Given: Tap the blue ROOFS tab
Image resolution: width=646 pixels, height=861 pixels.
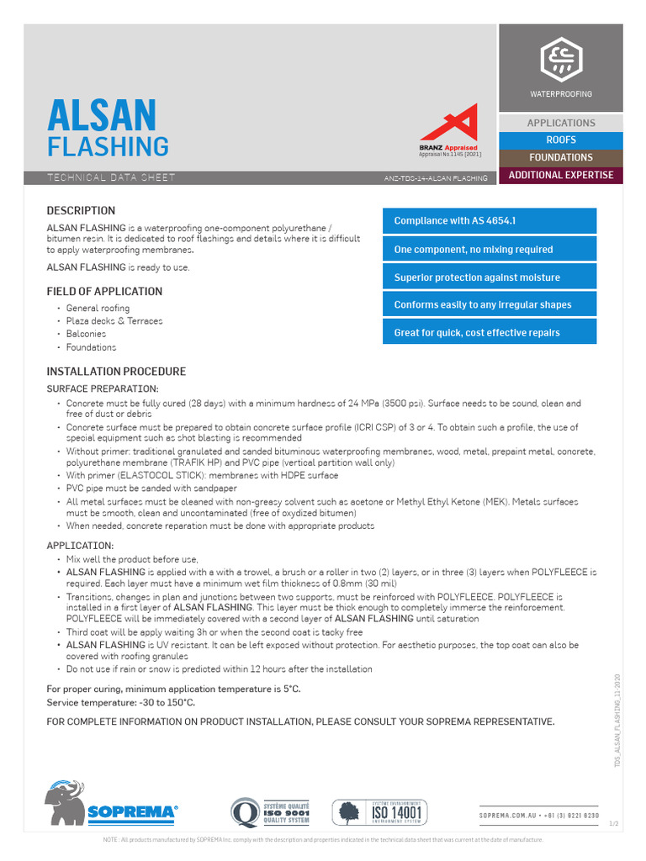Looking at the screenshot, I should (x=561, y=140).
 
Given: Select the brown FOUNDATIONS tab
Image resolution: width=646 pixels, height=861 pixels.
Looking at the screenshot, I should (x=561, y=157).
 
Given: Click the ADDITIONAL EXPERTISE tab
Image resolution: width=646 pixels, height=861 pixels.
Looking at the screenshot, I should (x=561, y=175).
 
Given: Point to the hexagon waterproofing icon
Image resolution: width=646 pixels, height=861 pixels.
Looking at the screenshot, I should (x=560, y=60).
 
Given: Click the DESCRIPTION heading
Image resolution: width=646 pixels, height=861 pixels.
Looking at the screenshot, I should (x=81, y=210).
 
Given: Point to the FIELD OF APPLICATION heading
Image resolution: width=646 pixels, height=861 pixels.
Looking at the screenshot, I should (x=104, y=292).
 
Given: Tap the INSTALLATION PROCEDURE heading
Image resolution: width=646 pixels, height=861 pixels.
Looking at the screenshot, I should (x=116, y=372).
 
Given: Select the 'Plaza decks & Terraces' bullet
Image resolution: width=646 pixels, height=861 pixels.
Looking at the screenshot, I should (x=114, y=321).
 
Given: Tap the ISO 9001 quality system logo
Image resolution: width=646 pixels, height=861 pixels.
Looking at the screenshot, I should (x=271, y=812).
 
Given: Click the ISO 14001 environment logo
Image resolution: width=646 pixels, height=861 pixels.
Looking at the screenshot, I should (x=380, y=812).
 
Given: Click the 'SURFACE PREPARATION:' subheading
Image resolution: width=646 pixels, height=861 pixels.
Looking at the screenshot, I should (x=102, y=389).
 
